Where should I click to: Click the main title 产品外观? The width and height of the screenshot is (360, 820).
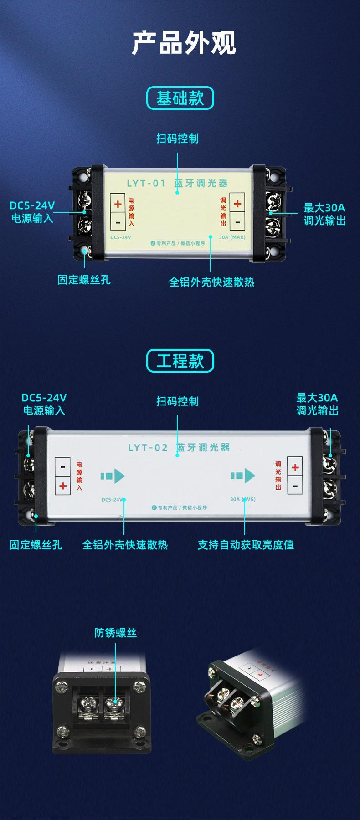(x=184, y=43)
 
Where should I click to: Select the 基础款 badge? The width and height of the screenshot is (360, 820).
(x=180, y=98)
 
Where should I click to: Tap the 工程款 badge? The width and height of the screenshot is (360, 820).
(x=180, y=361)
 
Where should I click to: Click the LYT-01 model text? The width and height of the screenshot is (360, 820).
(x=146, y=184)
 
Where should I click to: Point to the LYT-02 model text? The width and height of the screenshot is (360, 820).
(x=148, y=447)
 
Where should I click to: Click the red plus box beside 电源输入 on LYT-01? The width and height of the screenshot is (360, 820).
(x=118, y=204)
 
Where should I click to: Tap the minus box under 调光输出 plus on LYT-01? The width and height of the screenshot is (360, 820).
(x=237, y=222)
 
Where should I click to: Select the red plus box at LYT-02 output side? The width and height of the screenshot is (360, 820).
(x=295, y=467)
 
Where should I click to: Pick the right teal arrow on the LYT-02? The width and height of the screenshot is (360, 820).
(x=243, y=476)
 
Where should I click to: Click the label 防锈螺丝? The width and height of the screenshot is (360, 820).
(x=116, y=633)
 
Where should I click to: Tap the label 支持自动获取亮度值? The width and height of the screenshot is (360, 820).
(x=246, y=545)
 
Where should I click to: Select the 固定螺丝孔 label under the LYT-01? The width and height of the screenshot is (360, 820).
(x=84, y=280)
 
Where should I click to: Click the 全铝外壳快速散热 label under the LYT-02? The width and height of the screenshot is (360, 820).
(x=125, y=545)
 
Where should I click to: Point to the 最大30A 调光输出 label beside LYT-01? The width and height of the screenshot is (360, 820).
(x=324, y=214)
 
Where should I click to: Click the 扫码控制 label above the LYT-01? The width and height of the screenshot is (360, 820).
(x=178, y=138)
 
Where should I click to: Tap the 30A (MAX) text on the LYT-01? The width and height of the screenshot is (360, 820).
(x=232, y=237)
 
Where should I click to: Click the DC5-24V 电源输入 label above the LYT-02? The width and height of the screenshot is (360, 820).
(x=44, y=404)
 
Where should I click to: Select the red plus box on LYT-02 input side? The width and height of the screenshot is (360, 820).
(x=63, y=486)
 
